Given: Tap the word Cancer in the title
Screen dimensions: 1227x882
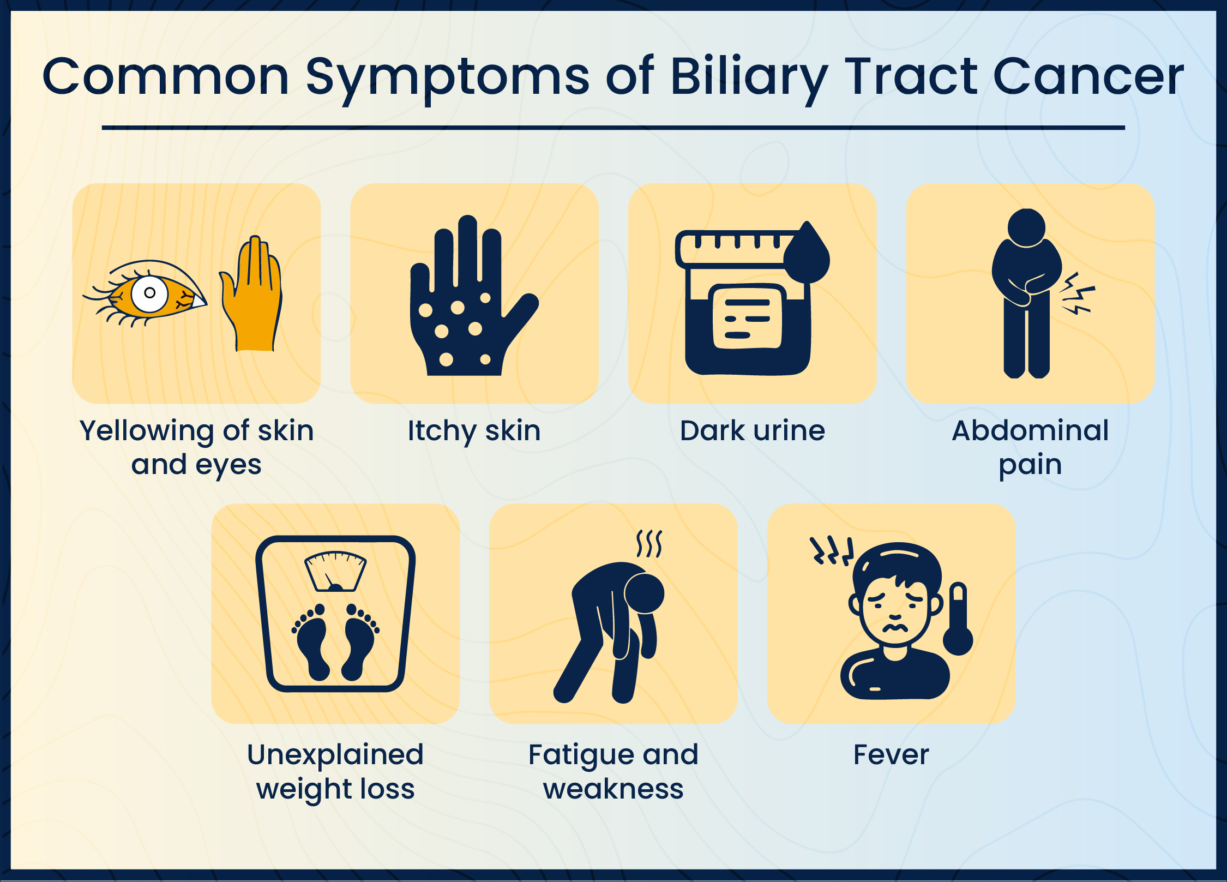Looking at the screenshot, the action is (1088, 77).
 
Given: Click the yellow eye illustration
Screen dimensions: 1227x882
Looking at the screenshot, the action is (145, 293).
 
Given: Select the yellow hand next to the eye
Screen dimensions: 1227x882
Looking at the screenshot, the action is (251, 293).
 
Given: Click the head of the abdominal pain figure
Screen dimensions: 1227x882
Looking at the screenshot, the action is (1026, 227).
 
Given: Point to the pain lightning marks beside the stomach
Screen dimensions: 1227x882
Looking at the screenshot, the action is (1077, 294).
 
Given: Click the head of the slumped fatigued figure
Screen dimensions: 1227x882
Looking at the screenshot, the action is (645, 593).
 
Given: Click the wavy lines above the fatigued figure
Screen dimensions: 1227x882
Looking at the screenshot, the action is (649, 543).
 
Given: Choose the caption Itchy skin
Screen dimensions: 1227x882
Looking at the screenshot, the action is (474, 431).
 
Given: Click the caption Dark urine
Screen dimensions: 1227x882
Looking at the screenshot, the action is (753, 430).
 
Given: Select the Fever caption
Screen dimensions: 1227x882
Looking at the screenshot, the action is (891, 755).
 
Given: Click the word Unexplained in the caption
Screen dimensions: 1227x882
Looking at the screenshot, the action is (335, 756).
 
